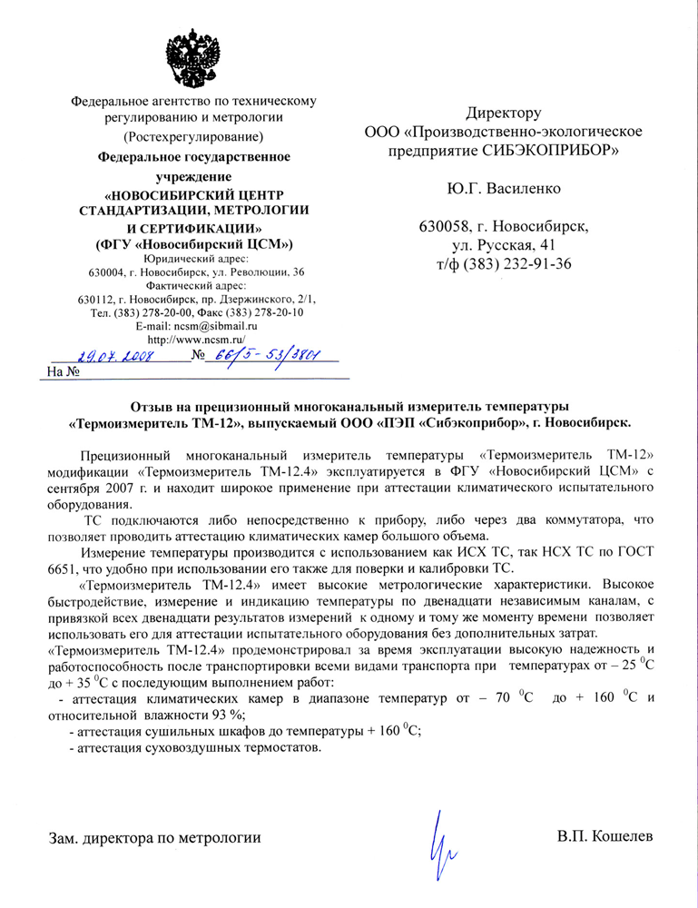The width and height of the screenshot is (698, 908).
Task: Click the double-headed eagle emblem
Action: (194, 55)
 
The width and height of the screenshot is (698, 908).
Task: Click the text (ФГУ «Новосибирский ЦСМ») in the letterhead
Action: (194, 244)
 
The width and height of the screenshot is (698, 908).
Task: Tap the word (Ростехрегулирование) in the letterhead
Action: (194, 137)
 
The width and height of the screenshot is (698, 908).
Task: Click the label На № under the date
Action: (64, 371)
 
